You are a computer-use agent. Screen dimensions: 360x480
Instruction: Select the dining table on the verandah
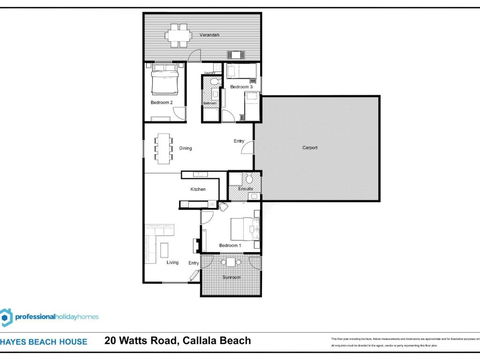pyautogui.click(x=180, y=36)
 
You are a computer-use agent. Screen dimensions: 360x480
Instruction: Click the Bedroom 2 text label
pyautogui.click(x=163, y=103)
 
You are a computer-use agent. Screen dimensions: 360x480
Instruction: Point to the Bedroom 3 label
pyautogui.click(x=240, y=88)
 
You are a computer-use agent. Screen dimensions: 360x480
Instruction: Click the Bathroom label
pyautogui.click(x=210, y=103)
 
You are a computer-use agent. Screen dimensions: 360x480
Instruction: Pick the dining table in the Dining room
pyautogui.click(x=163, y=149)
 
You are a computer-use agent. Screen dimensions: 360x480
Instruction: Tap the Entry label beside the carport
pyautogui.click(x=239, y=141)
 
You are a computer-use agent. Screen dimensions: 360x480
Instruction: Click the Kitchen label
pyautogui.click(x=198, y=188)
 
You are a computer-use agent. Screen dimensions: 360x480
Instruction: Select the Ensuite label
pyautogui.click(x=245, y=175)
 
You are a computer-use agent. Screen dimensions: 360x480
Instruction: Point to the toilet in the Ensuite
pyautogui.click(x=246, y=187)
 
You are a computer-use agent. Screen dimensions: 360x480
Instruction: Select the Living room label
pyautogui.click(x=172, y=262)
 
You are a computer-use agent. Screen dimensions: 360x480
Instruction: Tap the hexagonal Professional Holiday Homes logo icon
pyautogui.click(x=6, y=317)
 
